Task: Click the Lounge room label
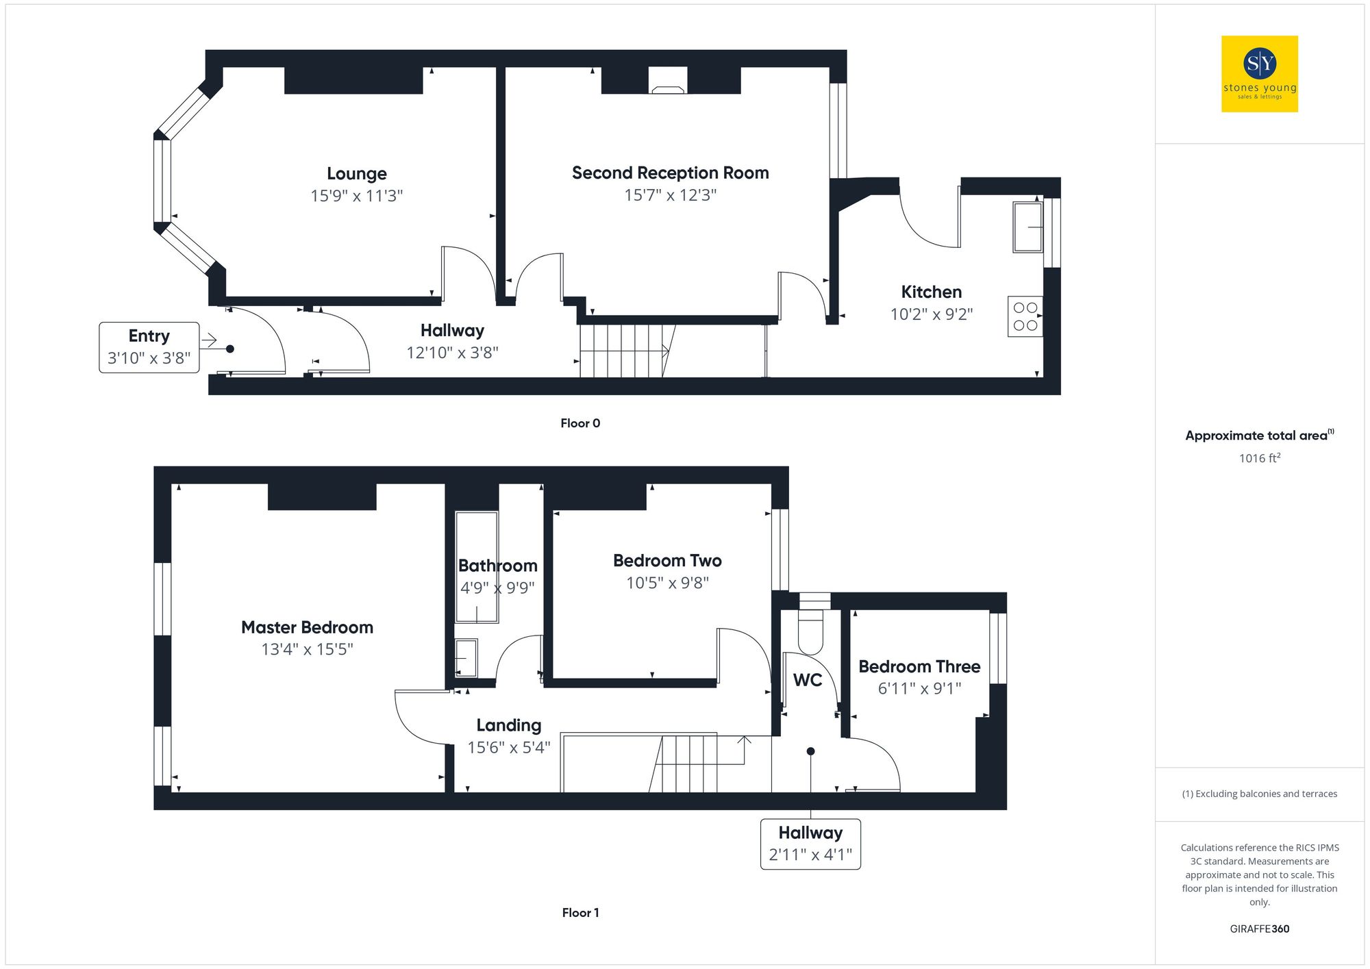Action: pyautogui.click(x=356, y=173)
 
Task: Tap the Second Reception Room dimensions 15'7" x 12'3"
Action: pyautogui.click(x=670, y=195)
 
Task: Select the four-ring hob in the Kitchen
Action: pyautogui.click(x=1025, y=316)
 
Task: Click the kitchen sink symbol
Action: pyautogui.click(x=1027, y=227)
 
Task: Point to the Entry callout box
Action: pyautogui.click(x=149, y=347)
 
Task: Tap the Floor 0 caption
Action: pyautogui.click(x=580, y=423)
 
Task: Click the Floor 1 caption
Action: pyautogui.click(x=580, y=913)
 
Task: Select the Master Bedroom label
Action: pyautogui.click(x=307, y=627)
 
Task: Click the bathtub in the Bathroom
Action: pyautogui.click(x=477, y=567)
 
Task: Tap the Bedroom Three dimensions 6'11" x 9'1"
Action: pyautogui.click(x=919, y=688)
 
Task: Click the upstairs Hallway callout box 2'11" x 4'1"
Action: pyautogui.click(x=810, y=844)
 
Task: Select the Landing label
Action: pyautogui.click(x=508, y=725)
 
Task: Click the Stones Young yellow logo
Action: pyautogui.click(x=1259, y=74)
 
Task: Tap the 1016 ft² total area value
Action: pyautogui.click(x=1259, y=458)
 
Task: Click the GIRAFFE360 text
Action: pyautogui.click(x=1259, y=929)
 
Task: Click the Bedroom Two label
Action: pyautogui.click(x=667, y=561)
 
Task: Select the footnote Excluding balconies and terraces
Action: pyautogui.click(x=1259, y=794)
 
